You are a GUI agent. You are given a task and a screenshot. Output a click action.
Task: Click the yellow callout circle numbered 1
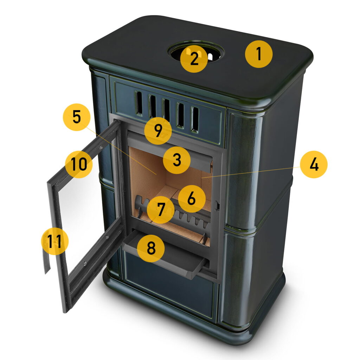click(259, 54)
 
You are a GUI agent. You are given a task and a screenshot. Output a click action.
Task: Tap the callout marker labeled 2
click(194, 59)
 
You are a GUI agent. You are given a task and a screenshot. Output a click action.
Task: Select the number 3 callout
click(176, 160)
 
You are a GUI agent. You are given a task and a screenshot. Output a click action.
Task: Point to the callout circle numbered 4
click(314, 165)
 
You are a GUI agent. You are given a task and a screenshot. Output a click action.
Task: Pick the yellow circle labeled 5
click(77, 117)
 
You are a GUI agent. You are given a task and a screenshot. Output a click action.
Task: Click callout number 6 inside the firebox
click(192, 199)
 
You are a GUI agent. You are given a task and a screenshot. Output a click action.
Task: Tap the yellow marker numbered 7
click(161, 210)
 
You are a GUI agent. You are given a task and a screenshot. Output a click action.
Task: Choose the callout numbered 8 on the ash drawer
click(151, 249)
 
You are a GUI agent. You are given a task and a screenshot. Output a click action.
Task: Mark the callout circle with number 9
click(158, 131)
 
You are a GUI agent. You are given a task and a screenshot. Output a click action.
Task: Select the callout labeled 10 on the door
click(79, 165)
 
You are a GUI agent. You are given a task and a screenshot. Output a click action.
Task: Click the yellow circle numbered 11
click(54, 241)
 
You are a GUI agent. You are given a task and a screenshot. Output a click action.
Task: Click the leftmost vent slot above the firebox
click(139, 103)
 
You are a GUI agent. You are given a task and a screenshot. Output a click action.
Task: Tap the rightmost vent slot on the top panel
click(195, 120)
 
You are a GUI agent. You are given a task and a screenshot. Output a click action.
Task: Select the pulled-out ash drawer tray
click(165, 255)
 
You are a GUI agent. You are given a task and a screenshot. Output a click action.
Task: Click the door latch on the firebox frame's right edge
click(217, 206)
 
